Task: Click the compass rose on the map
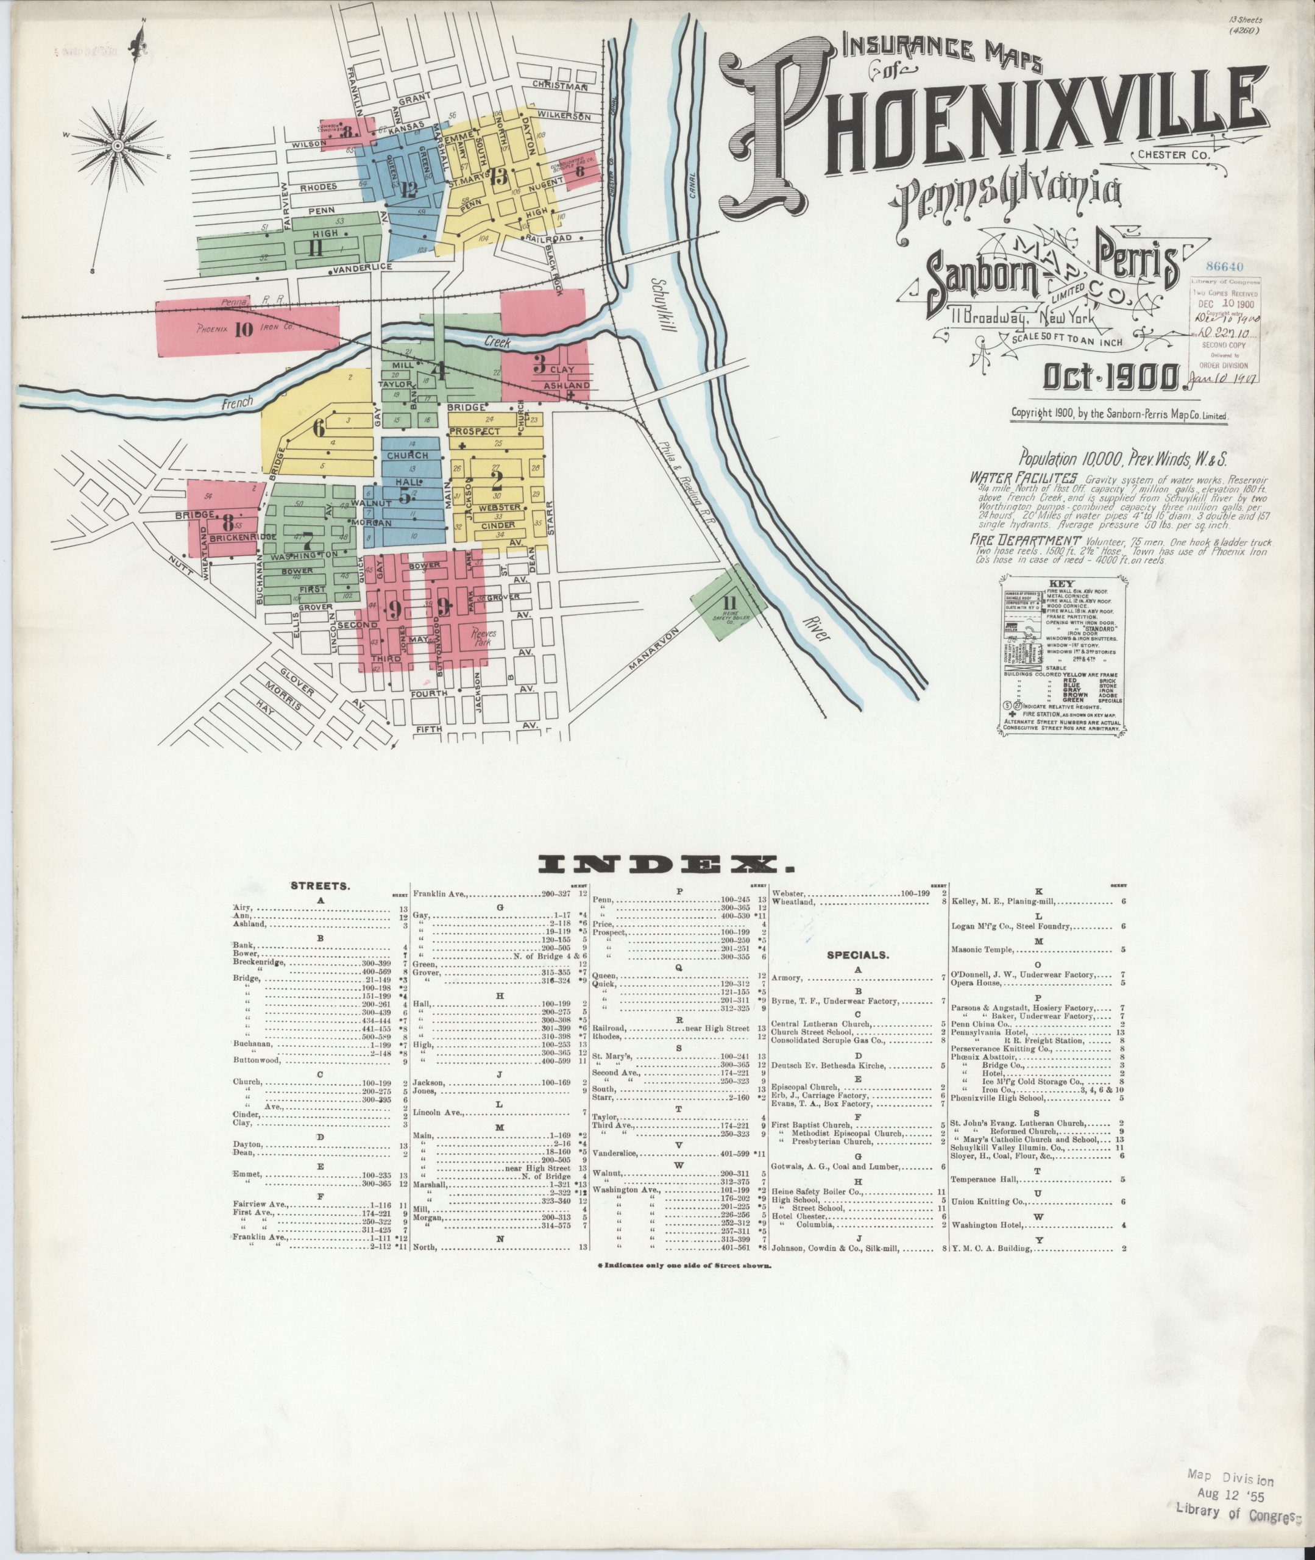(118, 146)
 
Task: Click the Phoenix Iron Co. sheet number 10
(243, 328)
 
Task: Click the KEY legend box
(1062, 657)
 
